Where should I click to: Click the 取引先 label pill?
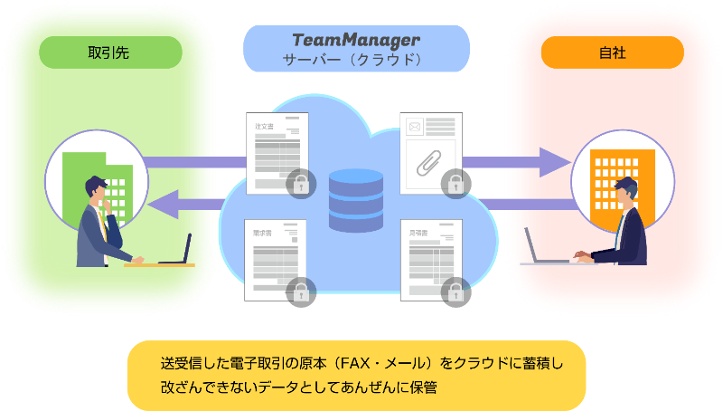pyautogui.click(x=110, y=53)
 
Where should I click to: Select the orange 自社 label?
pyautogui.click(x=612, y=53)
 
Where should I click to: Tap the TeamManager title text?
pyautogui.click(x=356, y=41)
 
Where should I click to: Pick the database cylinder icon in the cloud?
pyautogui.click(x=357, y=195)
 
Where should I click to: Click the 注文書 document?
pyautogui.click(x=274, y=149)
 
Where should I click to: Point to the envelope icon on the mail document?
pyautogui.click(x=416, y=127)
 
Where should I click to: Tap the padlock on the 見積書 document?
pyautogui.click(x=455, y=291)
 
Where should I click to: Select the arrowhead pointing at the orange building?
pyautogui.click(x=556, y=164)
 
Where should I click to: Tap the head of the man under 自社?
pyautogui.click(x=624, y=192)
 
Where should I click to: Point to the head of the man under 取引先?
pyautogui.click(x=98, y=190)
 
